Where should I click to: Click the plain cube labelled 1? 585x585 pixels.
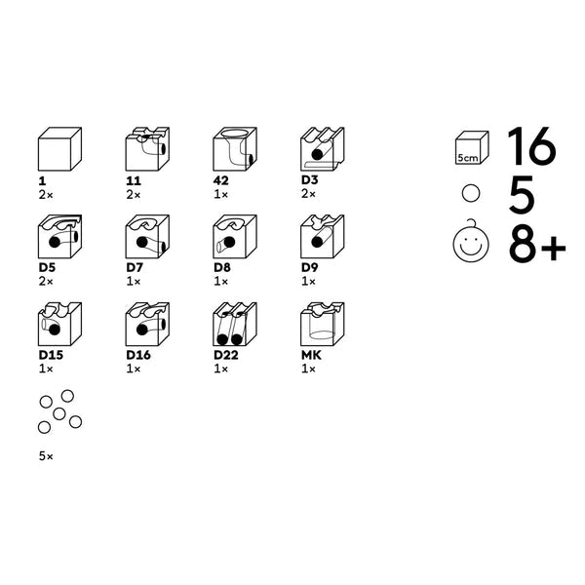[59, 149]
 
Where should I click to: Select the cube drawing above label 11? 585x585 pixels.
[147, 149]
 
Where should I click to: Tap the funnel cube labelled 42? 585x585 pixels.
[235, 149]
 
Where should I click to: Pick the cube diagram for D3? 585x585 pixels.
[323, 149]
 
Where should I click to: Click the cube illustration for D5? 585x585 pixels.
[59, 237]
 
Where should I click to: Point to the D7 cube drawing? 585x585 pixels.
[147, 237]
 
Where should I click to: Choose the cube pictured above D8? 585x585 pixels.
[235, 237]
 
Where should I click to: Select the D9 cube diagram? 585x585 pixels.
[323, 237]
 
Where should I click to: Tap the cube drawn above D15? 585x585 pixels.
[59, 325]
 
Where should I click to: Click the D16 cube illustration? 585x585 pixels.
[147, 325]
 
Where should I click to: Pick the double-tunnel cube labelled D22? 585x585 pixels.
[235, 325]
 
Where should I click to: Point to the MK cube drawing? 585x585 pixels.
[323, 325]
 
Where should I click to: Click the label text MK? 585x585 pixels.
[311, 355]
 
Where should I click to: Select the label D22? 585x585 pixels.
[226, 355]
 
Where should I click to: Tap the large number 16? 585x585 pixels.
[531, 146]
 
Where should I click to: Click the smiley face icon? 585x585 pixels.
[471, 242]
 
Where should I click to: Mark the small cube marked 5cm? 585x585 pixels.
[472, 148]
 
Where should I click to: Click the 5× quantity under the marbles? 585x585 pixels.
[46, 456]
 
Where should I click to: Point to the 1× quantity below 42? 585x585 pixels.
[221, 194]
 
